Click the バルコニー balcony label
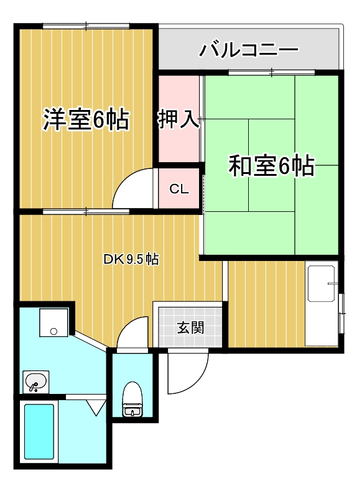coord(249,50)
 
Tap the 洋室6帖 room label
coord(86,119)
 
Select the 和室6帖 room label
coord(271,166)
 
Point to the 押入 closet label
coord(179,119)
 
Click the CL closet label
coord(179,190)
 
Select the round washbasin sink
coord(35,382)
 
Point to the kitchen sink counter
coord(322,304)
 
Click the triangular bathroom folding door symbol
coord(95,408)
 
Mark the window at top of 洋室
coord(86,25)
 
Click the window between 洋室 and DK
coord(86,212)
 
